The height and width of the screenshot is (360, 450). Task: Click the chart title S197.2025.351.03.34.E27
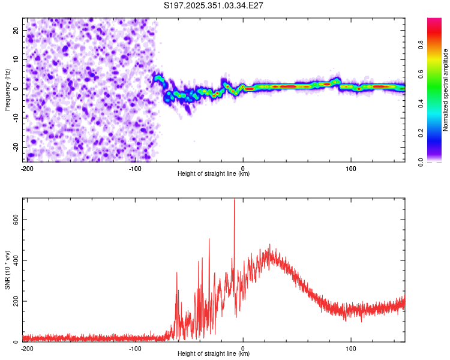(x=214, y=6)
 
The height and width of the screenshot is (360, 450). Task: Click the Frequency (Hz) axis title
(x=8, y=90)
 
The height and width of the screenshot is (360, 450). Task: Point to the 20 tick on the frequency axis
(x=17, y=30)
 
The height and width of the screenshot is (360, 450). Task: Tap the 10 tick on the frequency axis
(x=17, y=59)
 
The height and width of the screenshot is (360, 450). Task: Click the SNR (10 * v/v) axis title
(x=8, y=269)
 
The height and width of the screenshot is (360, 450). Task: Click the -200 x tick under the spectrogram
(x=26, y=168)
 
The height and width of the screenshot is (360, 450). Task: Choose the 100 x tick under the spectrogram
(x=351, y=168)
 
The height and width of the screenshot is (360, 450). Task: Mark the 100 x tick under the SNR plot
(x=351, y=348)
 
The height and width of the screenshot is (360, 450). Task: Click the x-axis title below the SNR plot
(x=214, y=354)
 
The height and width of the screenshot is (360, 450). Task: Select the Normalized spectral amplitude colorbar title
(x=446, y=90)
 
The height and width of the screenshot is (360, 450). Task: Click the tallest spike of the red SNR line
(x=234, y=200)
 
